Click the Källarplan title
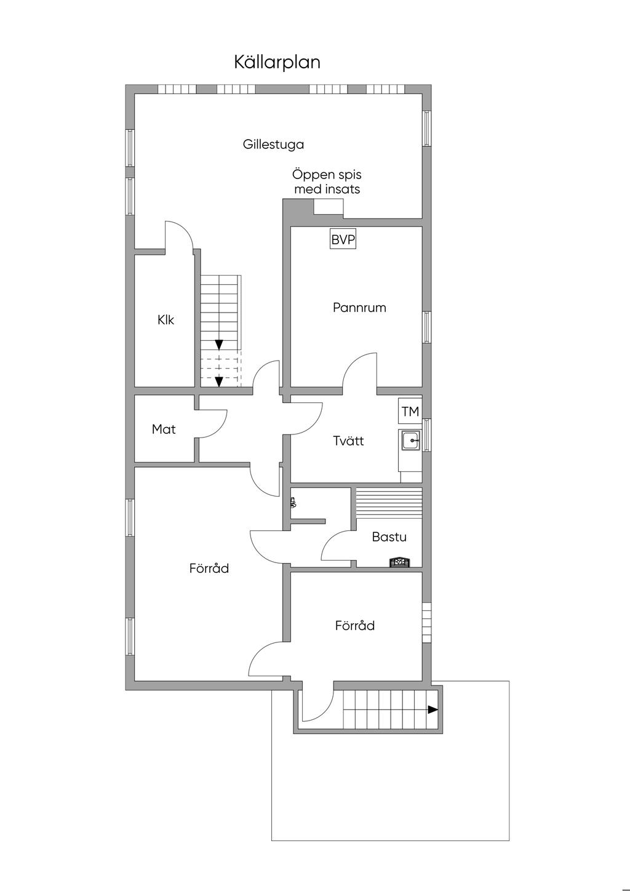pos(277,62)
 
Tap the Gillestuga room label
pos(273,144)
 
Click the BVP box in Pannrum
pos(343,239)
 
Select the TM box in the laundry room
pos(410,411)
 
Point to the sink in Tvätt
pos(410,441)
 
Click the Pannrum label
pos(359,308)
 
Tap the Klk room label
pos(165,320)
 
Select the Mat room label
pos(164,429)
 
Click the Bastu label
pos(389,537)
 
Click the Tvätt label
pos(348,441)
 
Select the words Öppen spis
pos(327,175)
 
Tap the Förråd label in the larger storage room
pos(209,568)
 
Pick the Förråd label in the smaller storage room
pos(355,625)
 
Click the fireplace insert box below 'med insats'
pos(328,207)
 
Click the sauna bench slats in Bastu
pos(389,503)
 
